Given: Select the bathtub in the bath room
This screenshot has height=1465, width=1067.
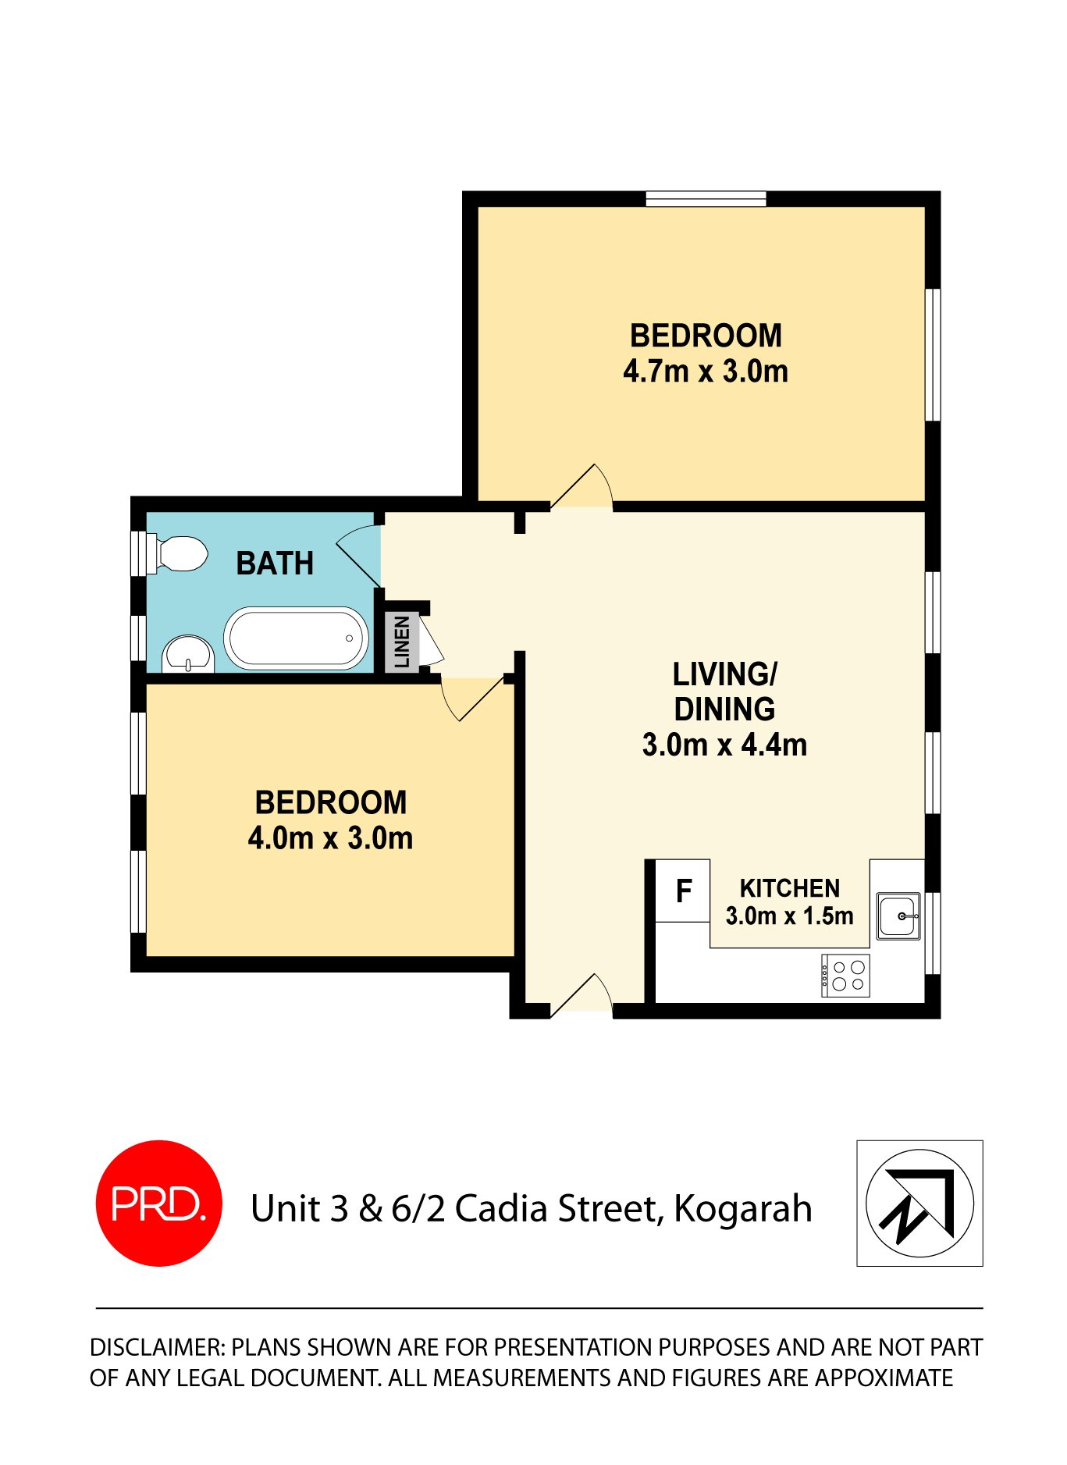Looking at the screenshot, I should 296,638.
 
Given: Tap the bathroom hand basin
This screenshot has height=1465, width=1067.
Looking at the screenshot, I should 188,653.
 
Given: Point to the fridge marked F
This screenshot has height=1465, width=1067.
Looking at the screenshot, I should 683,891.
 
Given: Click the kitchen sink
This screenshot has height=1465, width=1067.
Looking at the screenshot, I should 898,916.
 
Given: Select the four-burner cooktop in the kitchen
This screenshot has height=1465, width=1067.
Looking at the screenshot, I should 845,976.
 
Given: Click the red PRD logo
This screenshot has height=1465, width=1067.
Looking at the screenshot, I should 158,1203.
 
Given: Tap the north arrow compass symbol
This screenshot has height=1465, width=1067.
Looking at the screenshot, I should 919,1203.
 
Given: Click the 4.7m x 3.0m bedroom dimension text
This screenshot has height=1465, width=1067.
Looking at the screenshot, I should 705,372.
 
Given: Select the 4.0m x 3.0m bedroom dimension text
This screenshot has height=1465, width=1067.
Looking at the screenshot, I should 330,838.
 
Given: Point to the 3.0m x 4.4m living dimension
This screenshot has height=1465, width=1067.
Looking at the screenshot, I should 724,745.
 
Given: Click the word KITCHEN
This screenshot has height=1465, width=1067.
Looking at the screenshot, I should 789,888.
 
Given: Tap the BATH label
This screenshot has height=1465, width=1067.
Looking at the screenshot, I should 275,564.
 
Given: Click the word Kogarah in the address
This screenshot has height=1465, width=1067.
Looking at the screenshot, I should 742,1208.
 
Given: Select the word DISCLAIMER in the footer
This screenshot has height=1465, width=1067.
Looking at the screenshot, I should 157,1347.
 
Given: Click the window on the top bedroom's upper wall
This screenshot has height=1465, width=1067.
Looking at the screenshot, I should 706,199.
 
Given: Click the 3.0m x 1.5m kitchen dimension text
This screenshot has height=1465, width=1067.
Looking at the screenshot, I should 789,916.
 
